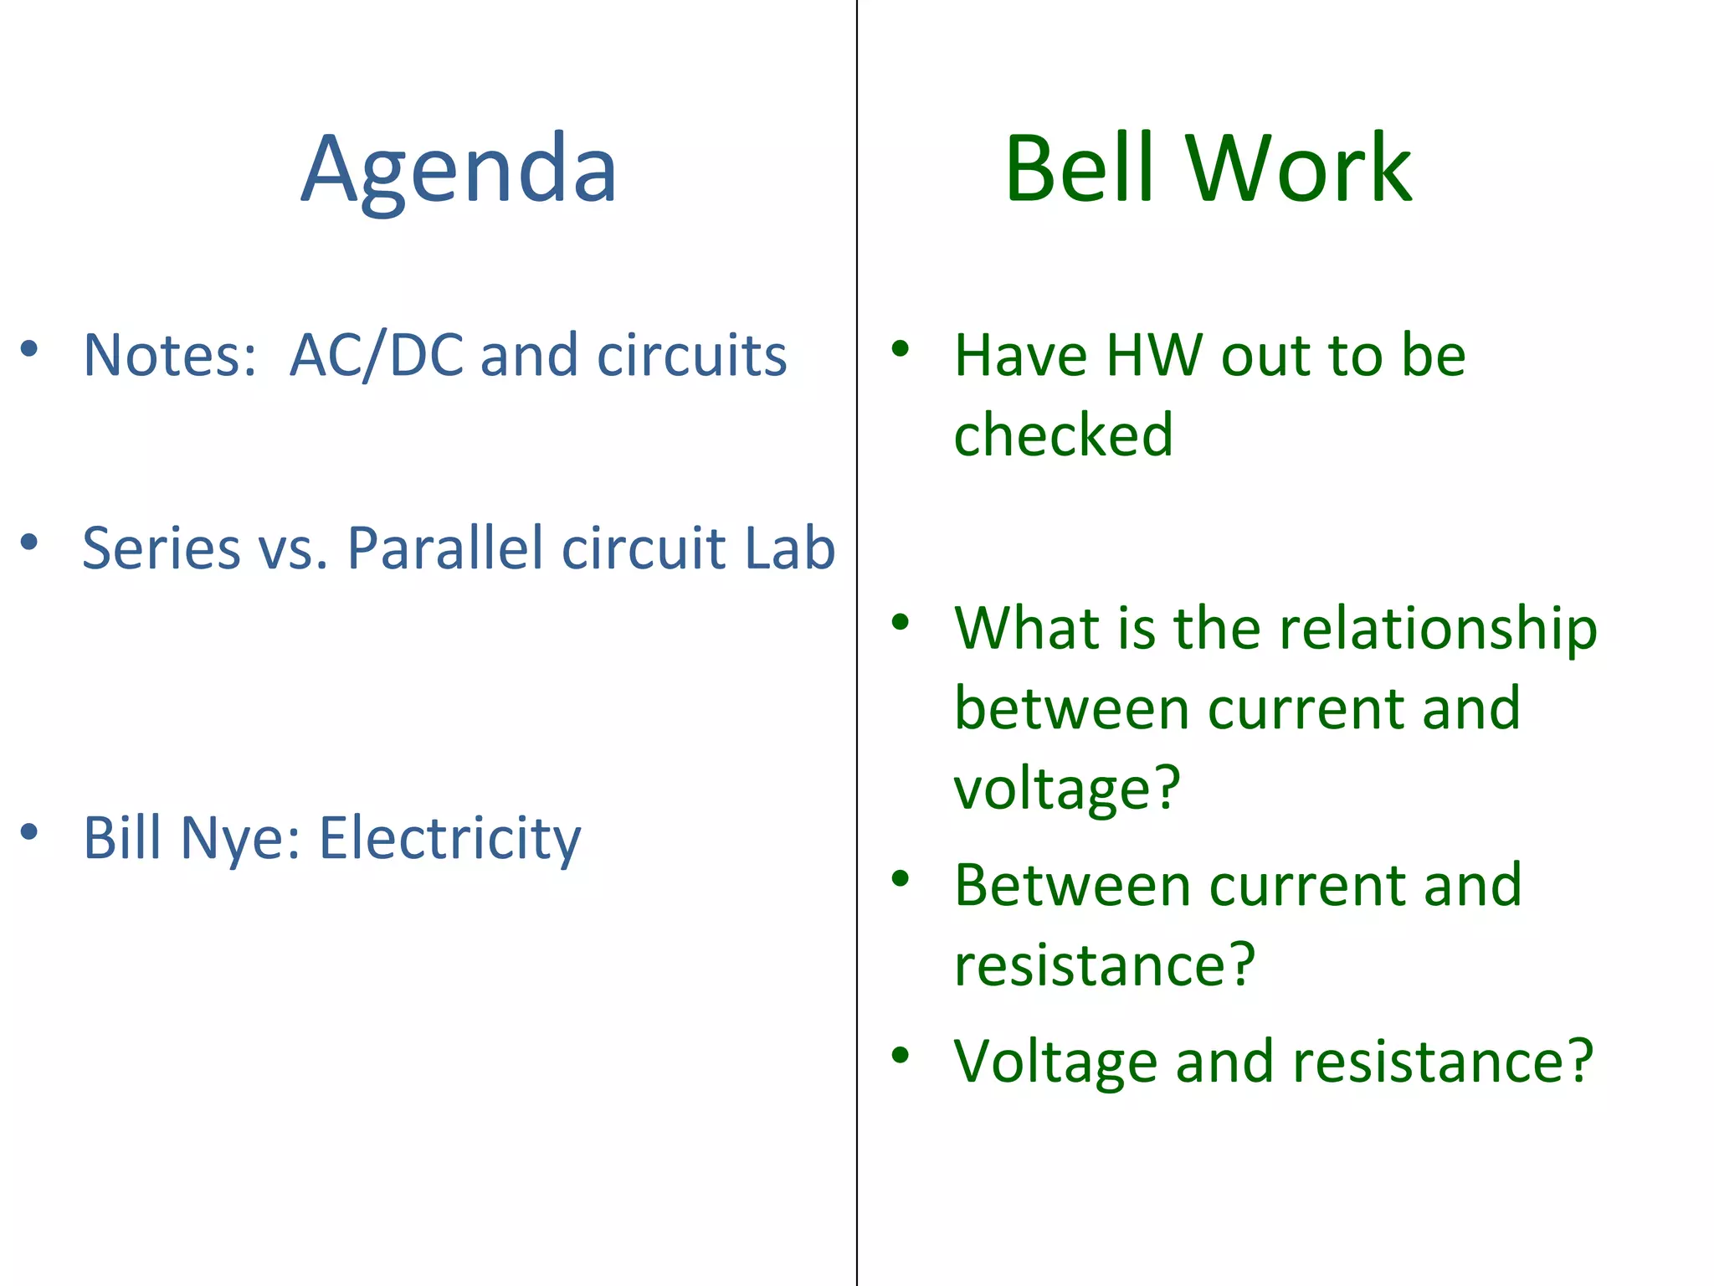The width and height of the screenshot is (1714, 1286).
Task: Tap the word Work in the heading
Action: [1299, 169]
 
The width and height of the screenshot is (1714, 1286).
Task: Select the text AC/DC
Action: [377, 355]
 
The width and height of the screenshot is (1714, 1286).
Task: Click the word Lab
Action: [789, 548]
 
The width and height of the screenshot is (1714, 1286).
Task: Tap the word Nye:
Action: [240, 837]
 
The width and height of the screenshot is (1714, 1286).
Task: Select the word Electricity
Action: [450, 837]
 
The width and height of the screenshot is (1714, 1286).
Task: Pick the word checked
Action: [1063, 435]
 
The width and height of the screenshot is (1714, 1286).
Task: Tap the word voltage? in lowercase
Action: [1067, 788]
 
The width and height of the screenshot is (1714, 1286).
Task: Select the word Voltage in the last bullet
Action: [1055, 1062]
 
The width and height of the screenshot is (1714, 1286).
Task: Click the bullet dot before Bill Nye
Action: [29, 831]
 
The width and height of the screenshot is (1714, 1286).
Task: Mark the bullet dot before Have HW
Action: [901, 348]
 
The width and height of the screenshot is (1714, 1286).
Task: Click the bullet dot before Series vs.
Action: [29, 542]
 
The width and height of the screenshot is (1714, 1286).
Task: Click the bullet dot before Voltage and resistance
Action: [901, 1055]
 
